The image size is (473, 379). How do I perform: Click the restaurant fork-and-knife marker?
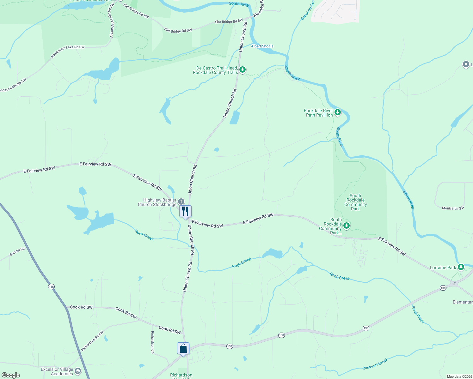185,211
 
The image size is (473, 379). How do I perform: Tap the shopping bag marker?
183,348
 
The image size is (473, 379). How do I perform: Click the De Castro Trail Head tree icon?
243,69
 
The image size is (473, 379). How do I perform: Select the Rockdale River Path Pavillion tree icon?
338,112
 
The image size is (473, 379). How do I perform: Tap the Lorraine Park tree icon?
461,267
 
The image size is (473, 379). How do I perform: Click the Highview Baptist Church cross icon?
181,202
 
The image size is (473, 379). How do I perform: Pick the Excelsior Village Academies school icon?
78,371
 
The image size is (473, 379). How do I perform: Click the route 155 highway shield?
51,287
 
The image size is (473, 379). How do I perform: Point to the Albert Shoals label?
262,46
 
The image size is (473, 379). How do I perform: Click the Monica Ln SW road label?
453,208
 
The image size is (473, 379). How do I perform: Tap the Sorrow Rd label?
17,252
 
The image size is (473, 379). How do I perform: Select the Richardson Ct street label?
152,342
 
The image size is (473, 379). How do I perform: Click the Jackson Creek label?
375,364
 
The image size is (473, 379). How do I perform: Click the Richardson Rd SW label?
92,341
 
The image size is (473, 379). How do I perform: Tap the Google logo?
11,375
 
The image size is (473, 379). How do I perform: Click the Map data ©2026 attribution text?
459,376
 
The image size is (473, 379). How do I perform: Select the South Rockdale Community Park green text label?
355,202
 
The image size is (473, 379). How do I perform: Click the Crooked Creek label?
307,10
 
